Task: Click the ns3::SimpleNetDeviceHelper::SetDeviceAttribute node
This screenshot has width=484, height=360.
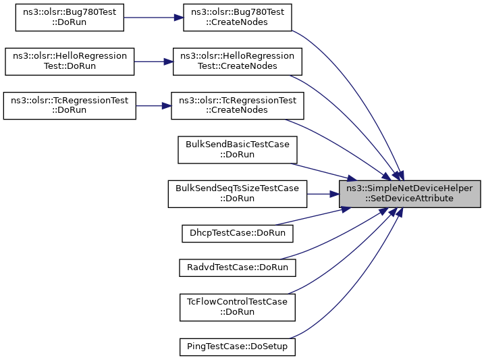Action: point(410,193)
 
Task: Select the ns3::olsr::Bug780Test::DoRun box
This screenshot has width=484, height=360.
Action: point(70,18)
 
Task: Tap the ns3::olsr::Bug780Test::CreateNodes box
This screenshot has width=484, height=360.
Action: point(238,18)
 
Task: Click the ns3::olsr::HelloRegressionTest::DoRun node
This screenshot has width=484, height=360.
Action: point(70,61)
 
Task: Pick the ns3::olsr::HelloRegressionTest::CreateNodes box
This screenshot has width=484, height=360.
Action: point(237,61)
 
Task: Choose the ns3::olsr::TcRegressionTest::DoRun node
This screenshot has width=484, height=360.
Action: point(70,105)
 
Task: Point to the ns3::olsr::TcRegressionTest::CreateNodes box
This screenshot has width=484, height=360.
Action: point(237,105)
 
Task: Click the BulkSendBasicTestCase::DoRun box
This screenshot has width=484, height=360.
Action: point(237,149)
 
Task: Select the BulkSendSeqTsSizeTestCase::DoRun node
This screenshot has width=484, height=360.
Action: point(237,193)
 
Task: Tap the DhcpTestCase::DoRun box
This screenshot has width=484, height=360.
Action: point(237,233)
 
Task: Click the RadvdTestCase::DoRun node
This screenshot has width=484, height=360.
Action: point(237,267)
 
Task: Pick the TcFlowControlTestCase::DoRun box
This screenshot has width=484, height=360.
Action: point(237,307)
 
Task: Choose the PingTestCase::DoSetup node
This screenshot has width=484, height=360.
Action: point(237,346)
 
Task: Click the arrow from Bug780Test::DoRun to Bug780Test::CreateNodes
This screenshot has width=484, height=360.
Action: point(154,18)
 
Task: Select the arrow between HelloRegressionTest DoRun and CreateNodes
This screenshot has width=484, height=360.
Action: point(154,61)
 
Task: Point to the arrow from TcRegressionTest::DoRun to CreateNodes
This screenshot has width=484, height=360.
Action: point(154,105)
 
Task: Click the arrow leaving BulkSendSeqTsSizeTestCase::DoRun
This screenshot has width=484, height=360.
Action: point(323,193)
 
